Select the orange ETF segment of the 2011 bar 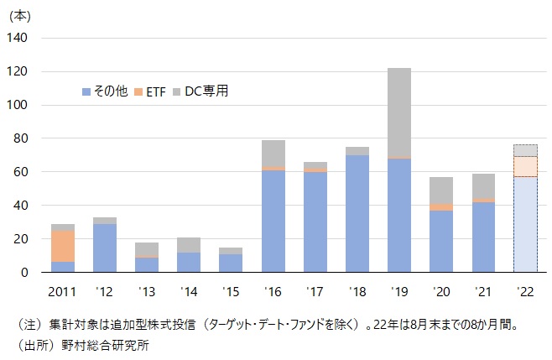63,246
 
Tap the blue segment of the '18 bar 357,213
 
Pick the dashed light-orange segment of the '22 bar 524,166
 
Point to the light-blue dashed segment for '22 524,224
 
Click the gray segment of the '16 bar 273,154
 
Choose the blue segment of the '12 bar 105,248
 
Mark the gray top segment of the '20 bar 440,190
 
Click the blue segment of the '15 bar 231,263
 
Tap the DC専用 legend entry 206,91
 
